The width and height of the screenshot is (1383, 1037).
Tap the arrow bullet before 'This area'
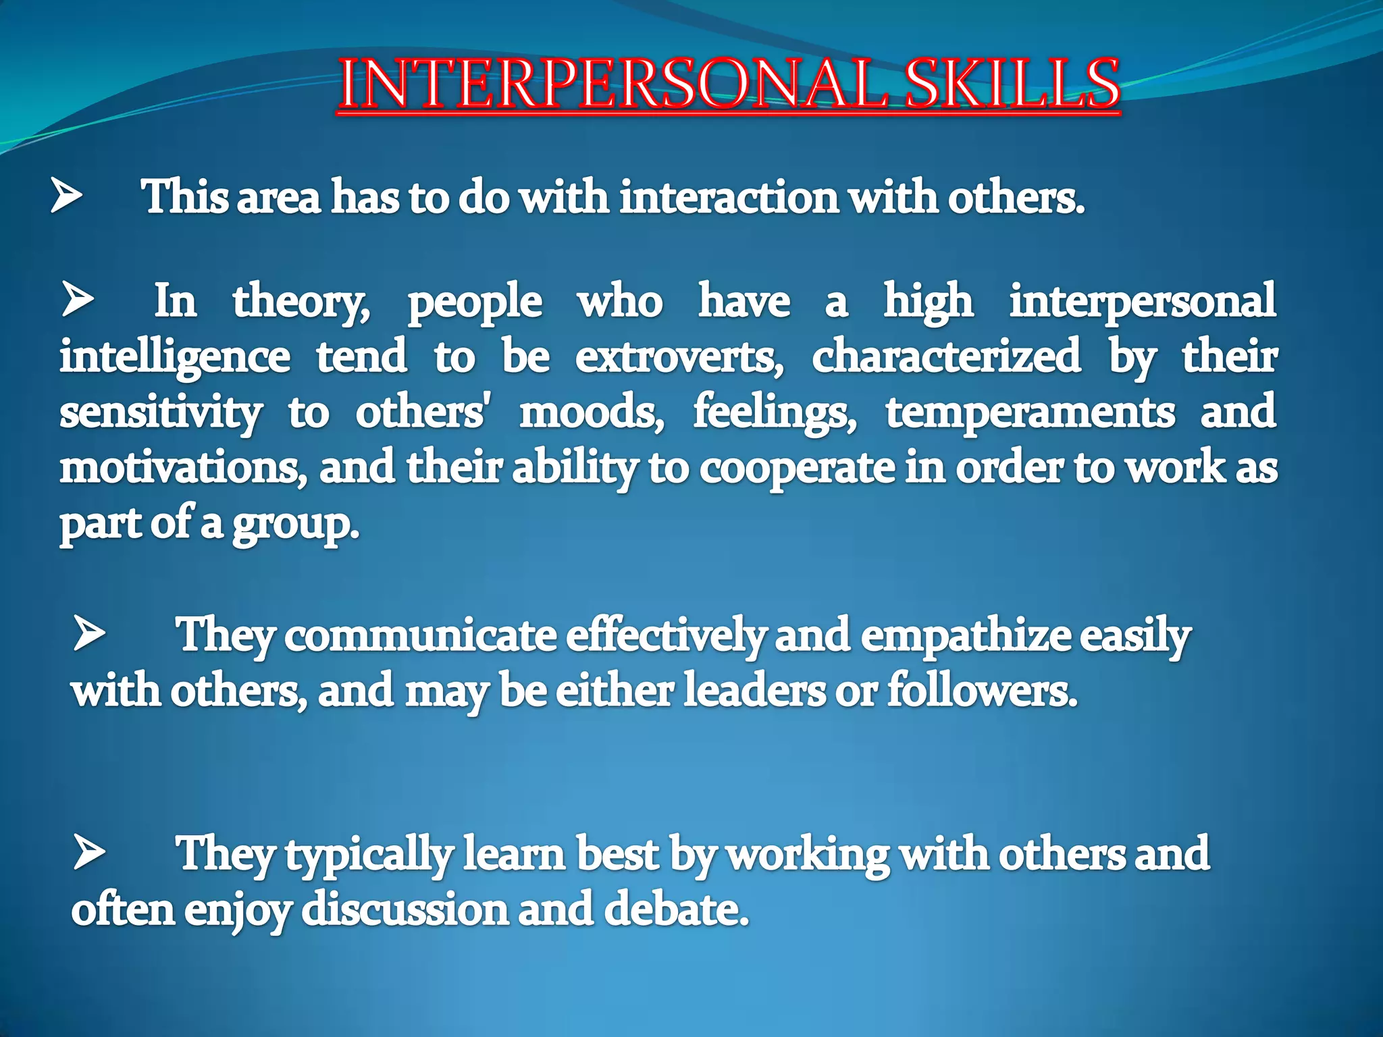(66, 196)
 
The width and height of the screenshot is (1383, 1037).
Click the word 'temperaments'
(1030, 412)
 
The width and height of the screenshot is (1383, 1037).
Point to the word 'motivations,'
(182, 467)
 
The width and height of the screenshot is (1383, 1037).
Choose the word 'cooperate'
(796, 469)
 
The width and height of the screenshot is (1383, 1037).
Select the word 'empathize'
(966, 637)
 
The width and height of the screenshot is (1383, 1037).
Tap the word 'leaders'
(754, 691)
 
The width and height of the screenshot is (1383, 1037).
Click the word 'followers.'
(982, 691)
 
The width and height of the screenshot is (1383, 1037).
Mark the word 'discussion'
(405, 909)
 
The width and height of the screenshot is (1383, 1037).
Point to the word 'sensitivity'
(161, 413)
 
